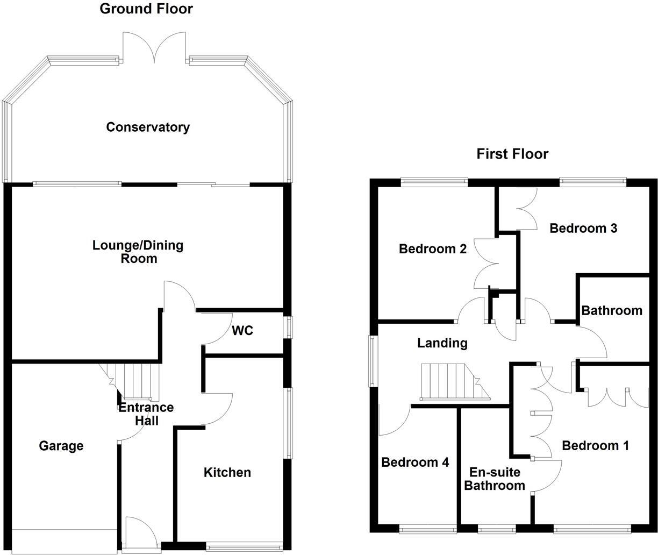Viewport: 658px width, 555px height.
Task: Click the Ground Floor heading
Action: pos(146,9)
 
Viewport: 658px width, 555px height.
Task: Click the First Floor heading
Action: pos(512,154)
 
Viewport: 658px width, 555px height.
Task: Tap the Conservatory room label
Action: pos(148,127)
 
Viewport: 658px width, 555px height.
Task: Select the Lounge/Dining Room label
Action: pos(138,252)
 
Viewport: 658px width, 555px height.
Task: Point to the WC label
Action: pos(242,331)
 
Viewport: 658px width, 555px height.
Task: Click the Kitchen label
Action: pos(227,473)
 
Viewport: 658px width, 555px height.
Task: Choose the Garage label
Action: pos(61,446)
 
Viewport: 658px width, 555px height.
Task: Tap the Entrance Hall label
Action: pos(146,414)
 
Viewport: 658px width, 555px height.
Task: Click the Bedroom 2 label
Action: pos(432,249)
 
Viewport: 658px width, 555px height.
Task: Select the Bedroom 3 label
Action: pos(583,229)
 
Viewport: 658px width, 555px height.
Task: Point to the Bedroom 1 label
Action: pos(595,446)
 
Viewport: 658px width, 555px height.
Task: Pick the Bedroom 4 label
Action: pos(414,462)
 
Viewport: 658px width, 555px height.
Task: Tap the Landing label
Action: pos(442,343)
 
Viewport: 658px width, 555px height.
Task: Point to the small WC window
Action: pos(289,328)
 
